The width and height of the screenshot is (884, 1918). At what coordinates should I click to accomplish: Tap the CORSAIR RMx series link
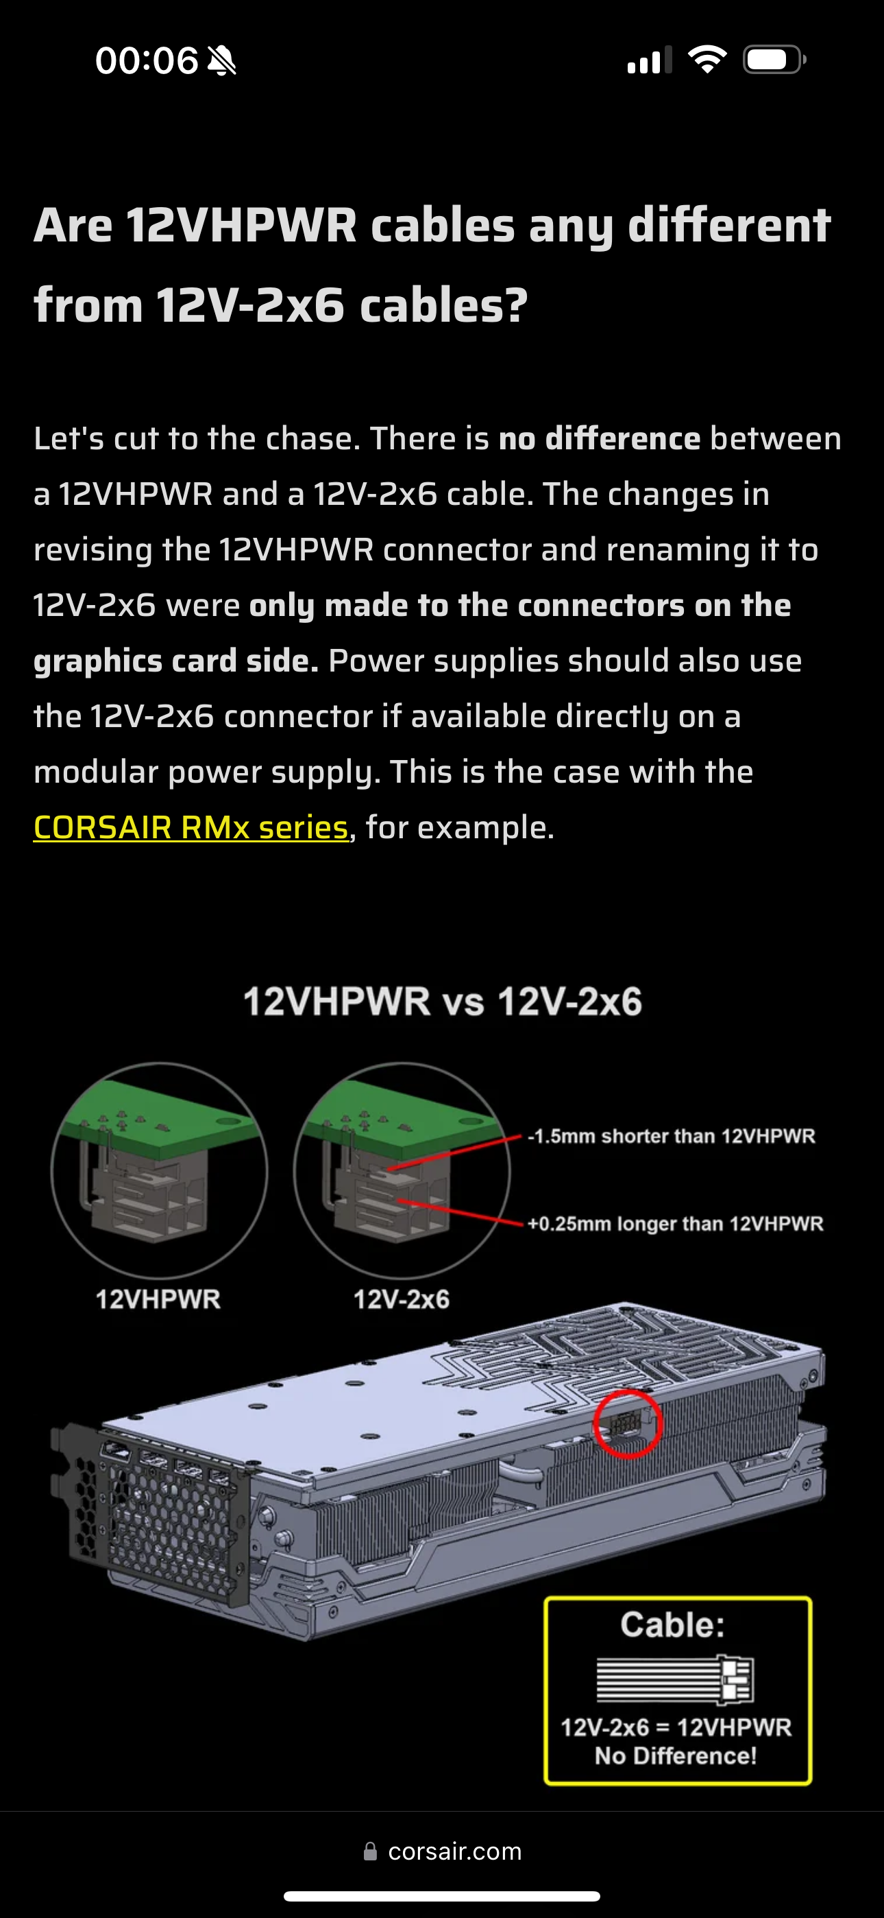coord(191,827)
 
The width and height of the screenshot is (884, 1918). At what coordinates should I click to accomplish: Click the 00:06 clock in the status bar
coord(147,60)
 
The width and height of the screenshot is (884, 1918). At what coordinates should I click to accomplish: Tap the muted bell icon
coord(222,60)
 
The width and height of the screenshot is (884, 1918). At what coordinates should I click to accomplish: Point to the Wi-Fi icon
coord(707,59)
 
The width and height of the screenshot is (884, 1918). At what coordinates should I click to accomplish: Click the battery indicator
coord(774,60)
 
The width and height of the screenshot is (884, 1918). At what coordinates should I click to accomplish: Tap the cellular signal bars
coord(650,60)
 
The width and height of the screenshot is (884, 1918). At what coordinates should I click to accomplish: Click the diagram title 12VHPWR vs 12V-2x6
coord(443,1002)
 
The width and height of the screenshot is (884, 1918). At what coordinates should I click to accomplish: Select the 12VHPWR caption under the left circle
coord(158,1299)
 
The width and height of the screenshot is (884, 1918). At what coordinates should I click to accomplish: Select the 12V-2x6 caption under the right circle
coord(401,1299)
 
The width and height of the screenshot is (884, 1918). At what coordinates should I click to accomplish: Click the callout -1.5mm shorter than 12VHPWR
coord(671,1136)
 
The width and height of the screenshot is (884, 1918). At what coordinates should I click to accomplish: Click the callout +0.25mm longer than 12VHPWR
coord(675,1224)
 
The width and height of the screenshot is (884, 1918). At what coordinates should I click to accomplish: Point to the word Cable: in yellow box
coord(673,1624)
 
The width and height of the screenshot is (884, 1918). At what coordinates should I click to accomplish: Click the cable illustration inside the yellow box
coord(675,1679)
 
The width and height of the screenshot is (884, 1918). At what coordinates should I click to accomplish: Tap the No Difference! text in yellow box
coord(675,1755)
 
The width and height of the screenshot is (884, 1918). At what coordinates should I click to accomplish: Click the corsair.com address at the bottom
coord(454,1851)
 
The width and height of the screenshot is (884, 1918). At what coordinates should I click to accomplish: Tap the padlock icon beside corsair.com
coord(370,1851)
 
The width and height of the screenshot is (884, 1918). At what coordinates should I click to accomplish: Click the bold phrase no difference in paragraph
coord(599,438)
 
